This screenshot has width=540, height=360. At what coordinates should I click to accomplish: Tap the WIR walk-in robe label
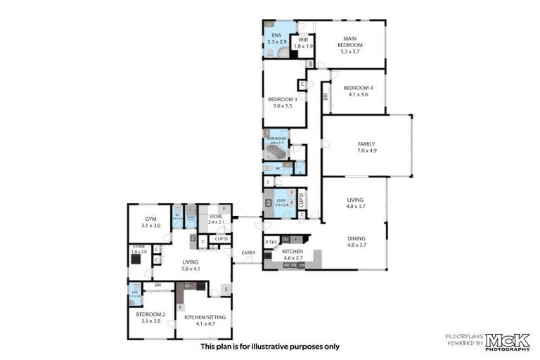304,40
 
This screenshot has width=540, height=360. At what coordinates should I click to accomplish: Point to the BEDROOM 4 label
358,88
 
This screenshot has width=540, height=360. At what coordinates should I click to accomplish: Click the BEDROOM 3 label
282,100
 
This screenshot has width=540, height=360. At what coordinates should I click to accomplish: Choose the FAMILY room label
366,144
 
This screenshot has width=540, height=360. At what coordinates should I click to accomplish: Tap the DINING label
356,238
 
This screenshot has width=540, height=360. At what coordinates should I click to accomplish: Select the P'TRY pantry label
271,243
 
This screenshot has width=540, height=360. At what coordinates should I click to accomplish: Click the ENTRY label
248,252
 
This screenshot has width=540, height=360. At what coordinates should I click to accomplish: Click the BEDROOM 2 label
150,314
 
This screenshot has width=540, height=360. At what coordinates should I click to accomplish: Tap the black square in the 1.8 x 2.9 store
136,259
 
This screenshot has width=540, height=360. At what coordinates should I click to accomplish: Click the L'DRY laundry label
281,200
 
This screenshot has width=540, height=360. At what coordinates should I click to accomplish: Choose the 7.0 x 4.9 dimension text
366,150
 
